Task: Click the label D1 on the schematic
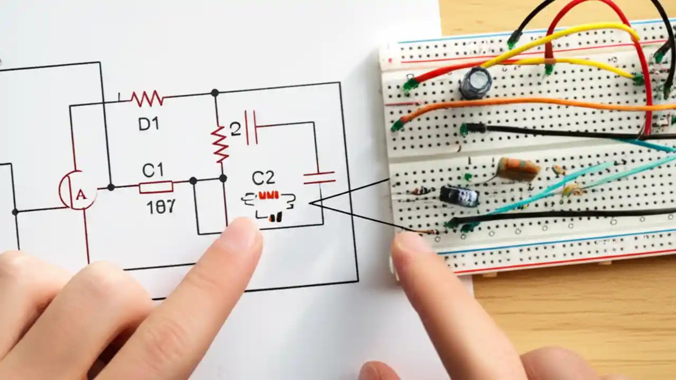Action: pyautogui.click(x=148, y=124)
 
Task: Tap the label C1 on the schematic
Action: pyautogui.click(x=153, y=170)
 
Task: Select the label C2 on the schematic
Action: pyautogui.click(x=263, y=178)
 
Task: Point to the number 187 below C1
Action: pyautogui.click(x=161, y=206)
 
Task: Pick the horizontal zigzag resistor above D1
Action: pyautogui.click(x=147, y=98)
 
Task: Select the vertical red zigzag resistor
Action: pyautogui.click(x=220, y=144)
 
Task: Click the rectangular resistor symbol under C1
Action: pyautogui.click(x=156, y=187)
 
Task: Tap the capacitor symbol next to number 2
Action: pyautogui.click(x=251, y=127)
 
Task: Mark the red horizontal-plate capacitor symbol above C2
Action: pyautogui.click(x=319, y=177)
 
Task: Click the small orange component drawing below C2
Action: pyautogui.click(x=268, y=195)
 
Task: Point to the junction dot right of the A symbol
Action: pyautogui.click(x=111, y=187)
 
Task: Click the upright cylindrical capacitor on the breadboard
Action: pyautogui.click(x=475, y=83)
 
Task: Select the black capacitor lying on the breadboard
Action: pyautogui.click(x=459, y=196)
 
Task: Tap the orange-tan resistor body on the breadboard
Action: pyautogui.click(x=518, y=169)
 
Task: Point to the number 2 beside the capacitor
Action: pyautogui.click(x=236, y=129)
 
